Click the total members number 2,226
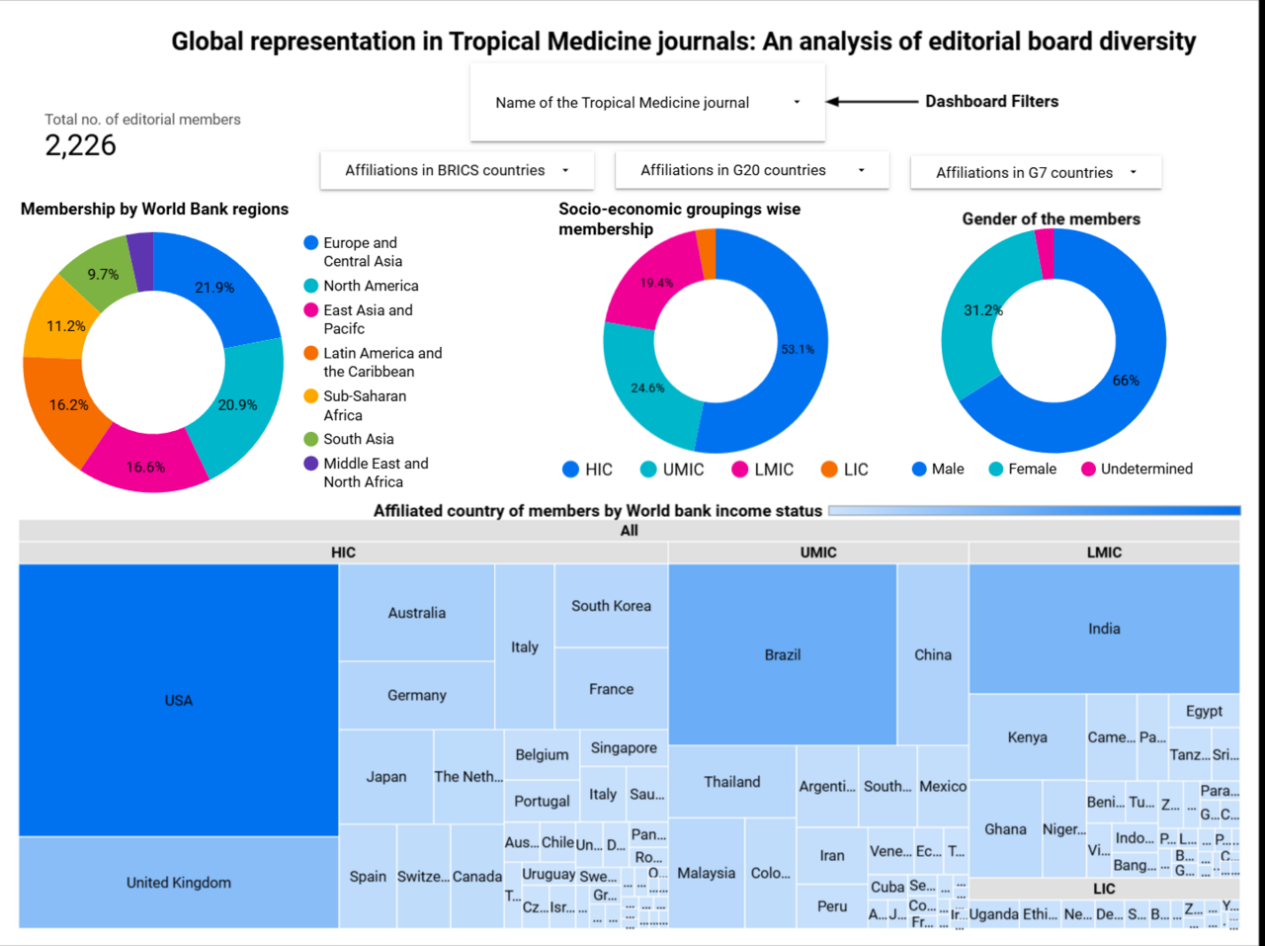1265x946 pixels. [80, 145]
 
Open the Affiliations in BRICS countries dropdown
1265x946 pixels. [457, 170]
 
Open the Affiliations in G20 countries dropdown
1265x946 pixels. [751, 170]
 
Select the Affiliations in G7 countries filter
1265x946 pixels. [1035, 172]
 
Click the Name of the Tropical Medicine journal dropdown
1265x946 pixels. [647, 103]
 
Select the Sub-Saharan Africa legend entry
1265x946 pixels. [364, 405]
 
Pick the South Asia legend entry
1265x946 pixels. [358, 439]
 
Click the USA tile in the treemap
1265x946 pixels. [179, 700]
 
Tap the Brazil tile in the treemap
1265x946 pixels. [783, 654]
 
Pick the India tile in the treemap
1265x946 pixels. [1104, 629]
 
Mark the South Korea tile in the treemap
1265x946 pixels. [611, 606]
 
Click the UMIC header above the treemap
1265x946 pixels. [818, 553]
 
